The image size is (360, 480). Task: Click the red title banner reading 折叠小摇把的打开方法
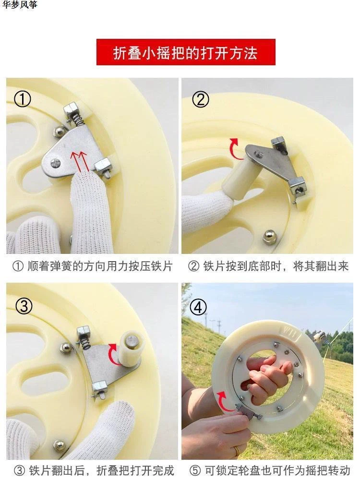tap(186, 52)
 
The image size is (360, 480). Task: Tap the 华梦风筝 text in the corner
tap(20, 5)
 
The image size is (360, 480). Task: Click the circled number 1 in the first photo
tap(23, 99)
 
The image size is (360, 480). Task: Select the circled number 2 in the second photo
tap(201, 99)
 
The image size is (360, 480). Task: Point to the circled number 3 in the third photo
tap(24, 306)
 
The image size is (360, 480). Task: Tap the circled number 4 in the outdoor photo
tap(198, 307)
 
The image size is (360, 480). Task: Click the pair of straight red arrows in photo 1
tap(80, 161)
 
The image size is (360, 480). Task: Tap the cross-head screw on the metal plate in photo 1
tap(56, 163)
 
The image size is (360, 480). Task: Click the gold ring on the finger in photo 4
tap(237, 450)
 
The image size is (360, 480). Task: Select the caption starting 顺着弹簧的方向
tap(93, 266)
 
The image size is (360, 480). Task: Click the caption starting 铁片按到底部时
tap(268, 266)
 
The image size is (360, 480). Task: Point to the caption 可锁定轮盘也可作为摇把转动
tap(269, 470)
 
